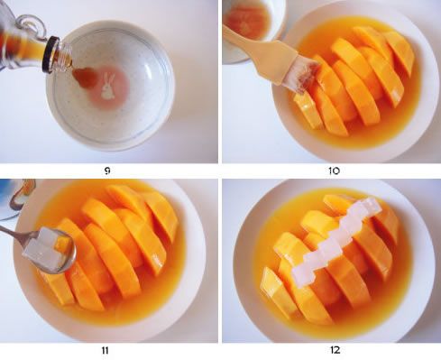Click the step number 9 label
click(x=107, y=171)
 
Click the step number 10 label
click(x=334, y=171)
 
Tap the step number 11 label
click(x=105, y=350)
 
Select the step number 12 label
click(x=335, y=350)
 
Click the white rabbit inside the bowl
click(x=108, y=87)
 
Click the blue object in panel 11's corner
click(x=6, y=197)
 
